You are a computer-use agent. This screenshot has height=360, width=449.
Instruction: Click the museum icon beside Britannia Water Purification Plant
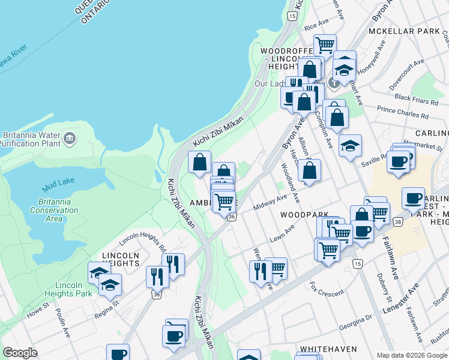(x=70, y=139)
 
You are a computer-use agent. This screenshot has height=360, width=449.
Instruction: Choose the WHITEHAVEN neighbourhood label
(x=328, y=348)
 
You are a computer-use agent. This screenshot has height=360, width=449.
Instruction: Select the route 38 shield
(x=397, y=221)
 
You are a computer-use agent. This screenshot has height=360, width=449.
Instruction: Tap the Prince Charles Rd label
(x=403, y=112)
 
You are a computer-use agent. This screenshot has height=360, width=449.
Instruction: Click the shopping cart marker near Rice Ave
(x=325, y=44)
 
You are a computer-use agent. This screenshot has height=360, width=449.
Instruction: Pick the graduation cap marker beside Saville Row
(x=350, y=145)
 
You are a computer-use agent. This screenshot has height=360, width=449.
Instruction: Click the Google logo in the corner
(x=20, y=353)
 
